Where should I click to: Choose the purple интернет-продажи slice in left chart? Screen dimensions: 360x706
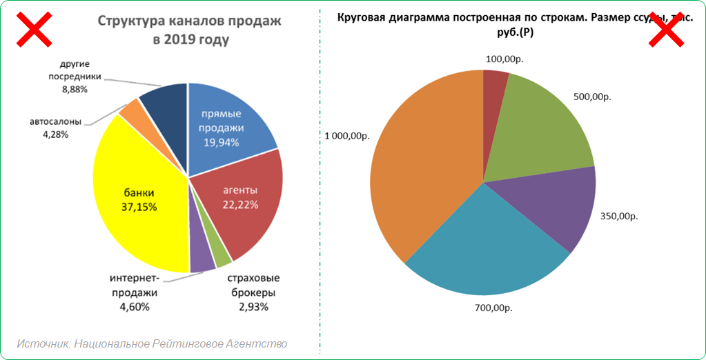click(x=202, y=261)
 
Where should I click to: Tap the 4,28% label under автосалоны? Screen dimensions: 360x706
click(x=55, y=134)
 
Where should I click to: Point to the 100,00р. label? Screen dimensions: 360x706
click(x=504, y=59)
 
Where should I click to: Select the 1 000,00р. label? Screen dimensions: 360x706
click(x=347, y=136)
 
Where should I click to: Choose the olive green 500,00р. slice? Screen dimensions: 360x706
click(x=545, y=131)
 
